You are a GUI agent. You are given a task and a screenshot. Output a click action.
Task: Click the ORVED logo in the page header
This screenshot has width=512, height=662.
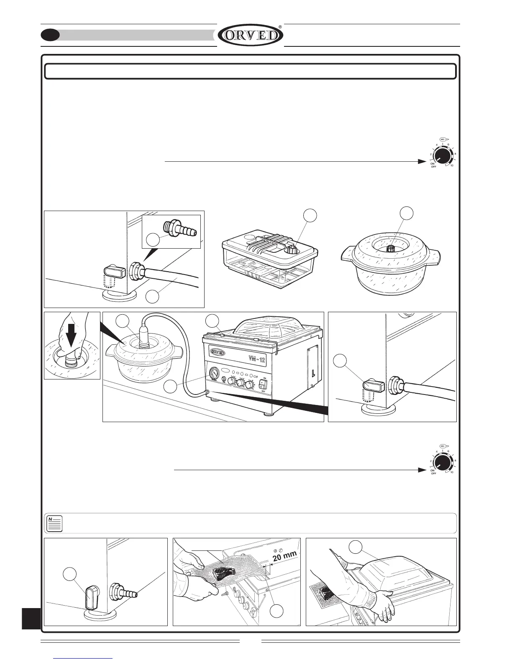pyautogui.click(x=251, y=35)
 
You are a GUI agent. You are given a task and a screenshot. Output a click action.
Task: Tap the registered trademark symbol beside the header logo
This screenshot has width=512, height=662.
pyautogui.click(x=280, y=26)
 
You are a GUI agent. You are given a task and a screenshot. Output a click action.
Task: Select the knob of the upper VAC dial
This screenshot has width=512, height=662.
pyautogui.click(x=441, y=156)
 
